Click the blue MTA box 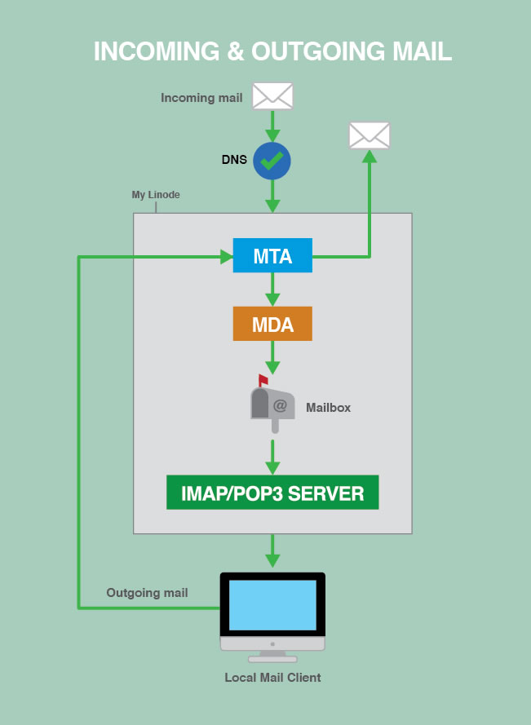point(272,255)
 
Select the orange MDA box point(272,324)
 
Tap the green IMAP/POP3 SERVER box point(272,493)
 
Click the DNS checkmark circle point(272,161)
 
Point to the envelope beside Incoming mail point(272,96)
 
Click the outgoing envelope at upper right point(369,135)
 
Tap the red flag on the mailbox point(263,379)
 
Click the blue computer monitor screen point(272,604)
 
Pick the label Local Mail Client point(272,678)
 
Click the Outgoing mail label point(147,593)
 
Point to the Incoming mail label point(201,98)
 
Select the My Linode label point(156,195)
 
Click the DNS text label point(234,160)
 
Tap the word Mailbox point(328,407)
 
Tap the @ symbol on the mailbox point(280,405)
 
